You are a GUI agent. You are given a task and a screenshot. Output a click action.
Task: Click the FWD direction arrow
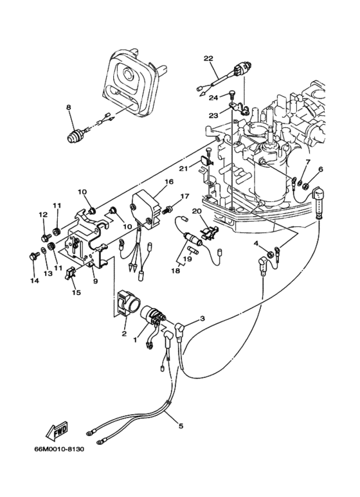click(x=57, y=431)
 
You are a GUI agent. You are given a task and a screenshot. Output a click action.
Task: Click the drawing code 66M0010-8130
click(x=59, y=449)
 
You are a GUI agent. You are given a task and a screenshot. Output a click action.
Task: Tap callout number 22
click(x=208, y=59)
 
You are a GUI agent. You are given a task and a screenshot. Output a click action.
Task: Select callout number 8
click(x=68, y=107)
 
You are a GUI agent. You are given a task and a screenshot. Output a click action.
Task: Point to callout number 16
click(x=169, y=181)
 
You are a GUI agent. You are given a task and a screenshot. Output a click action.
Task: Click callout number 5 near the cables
click(x=181, y=426)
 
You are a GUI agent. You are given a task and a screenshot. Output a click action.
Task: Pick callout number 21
click(x=183, y=168)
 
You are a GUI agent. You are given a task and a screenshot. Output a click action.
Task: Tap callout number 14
click(x=34, y=280)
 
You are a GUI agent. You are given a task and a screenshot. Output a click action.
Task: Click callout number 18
click(x=175, y=271)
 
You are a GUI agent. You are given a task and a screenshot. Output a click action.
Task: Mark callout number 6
click(x=320, y=170)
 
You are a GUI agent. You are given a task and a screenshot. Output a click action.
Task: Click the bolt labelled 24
click(x=231, y=95)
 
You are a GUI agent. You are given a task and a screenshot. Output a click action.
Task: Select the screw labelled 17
click(x=167, y=210)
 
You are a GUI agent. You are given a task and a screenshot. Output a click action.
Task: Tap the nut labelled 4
click(x=270, y=253)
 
